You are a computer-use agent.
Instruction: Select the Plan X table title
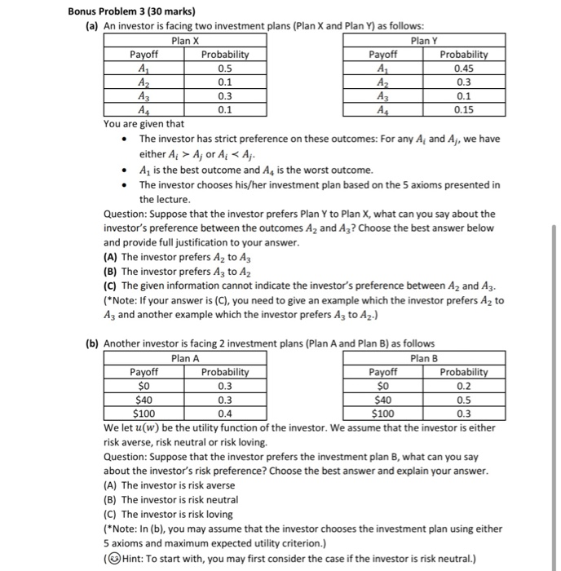click(x=187, y=40)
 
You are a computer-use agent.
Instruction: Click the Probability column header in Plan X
click(x=225, y=55)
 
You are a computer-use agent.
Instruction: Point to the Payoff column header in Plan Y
click(x=383, y=55)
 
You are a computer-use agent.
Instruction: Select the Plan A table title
click(x=187, y=357)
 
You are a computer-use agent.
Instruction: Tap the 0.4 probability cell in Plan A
click(x=225, y=413)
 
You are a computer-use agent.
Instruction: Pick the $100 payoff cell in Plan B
click(x=383, y=413)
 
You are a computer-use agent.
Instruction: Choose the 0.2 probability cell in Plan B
click(x=463, y=385)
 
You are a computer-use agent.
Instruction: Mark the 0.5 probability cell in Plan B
click(x=463, y=399)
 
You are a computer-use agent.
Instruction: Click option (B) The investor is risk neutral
click(x=170, y=499)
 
